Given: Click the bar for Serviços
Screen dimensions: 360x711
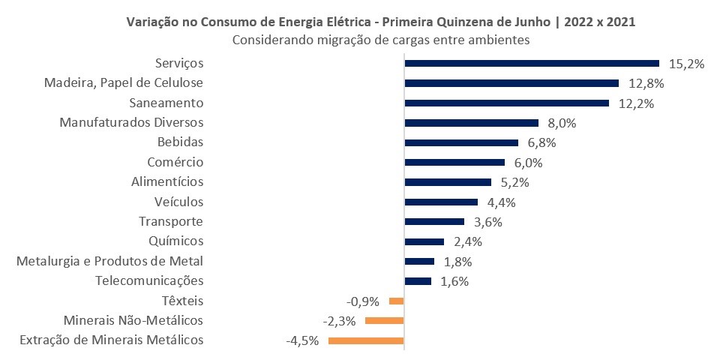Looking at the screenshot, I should click(x=531, y=64).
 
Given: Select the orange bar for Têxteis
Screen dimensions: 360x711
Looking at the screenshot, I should click(x=397, y=301).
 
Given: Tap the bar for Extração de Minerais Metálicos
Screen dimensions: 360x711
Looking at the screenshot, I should click(x=366, y=340).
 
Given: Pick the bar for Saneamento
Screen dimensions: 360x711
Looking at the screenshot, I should click(x=506, y=103).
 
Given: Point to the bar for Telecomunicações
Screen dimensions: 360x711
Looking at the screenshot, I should click(x=418, y=281).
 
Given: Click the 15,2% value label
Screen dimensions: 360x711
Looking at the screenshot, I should click(x=686, y=64).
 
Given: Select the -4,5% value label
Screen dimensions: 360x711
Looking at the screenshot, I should click(x=302, y=340).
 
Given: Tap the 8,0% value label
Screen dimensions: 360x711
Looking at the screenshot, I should click(x=562, y=123).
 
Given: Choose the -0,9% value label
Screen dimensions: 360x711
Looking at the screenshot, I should click(x=363, y=301).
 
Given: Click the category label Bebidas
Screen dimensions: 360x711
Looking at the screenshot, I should click(x=180, y=142).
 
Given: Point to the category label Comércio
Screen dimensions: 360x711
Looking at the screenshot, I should click(x=175, y=162).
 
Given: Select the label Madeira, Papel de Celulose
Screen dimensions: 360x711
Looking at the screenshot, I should click(x=124, y=82).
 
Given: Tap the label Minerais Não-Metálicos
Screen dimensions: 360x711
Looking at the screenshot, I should click(x=133, y=320).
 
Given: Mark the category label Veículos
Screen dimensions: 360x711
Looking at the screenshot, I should click(x=178, y=201).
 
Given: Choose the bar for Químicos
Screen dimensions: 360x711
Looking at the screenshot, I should click(x=424, y=241).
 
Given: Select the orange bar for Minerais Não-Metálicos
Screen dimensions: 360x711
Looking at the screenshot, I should click(x=384, y=320).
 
